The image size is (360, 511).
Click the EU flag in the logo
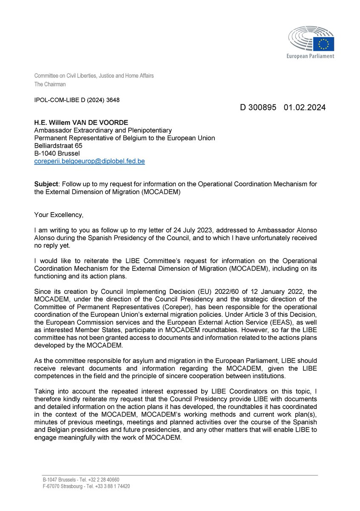point(326,43)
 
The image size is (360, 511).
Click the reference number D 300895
point(257,108)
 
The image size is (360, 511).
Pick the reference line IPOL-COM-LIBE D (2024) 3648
point(77,100)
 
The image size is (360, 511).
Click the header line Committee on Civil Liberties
point(94,76)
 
